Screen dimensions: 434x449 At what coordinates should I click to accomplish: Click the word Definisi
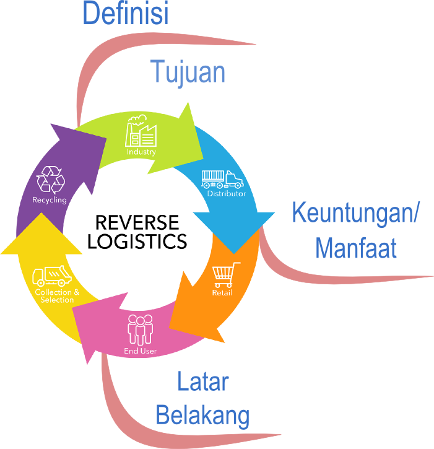point(125,14)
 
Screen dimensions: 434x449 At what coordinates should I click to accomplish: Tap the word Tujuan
point(188,72)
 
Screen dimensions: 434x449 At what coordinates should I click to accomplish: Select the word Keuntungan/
point(355,214)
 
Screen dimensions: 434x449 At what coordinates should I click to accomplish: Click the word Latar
point(203,381)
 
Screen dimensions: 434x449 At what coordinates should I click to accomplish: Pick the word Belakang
point(202,415)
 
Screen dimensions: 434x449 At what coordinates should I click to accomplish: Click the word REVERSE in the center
point(137,222)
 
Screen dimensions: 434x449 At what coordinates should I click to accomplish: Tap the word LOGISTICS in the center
point(137,241)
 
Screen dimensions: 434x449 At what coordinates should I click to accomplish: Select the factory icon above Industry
point(142,133)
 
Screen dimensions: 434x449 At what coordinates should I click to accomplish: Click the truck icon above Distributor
point(223,179)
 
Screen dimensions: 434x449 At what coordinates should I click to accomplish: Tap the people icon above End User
point(140,329)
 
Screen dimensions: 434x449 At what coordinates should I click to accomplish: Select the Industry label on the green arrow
point(141,152)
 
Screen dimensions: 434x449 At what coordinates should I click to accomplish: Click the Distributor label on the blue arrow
point(226,194)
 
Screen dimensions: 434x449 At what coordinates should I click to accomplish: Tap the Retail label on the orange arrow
point(222,292)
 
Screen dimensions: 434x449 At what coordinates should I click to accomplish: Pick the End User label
point(140,351)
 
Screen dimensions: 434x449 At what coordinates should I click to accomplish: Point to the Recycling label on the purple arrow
point(50,200)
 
